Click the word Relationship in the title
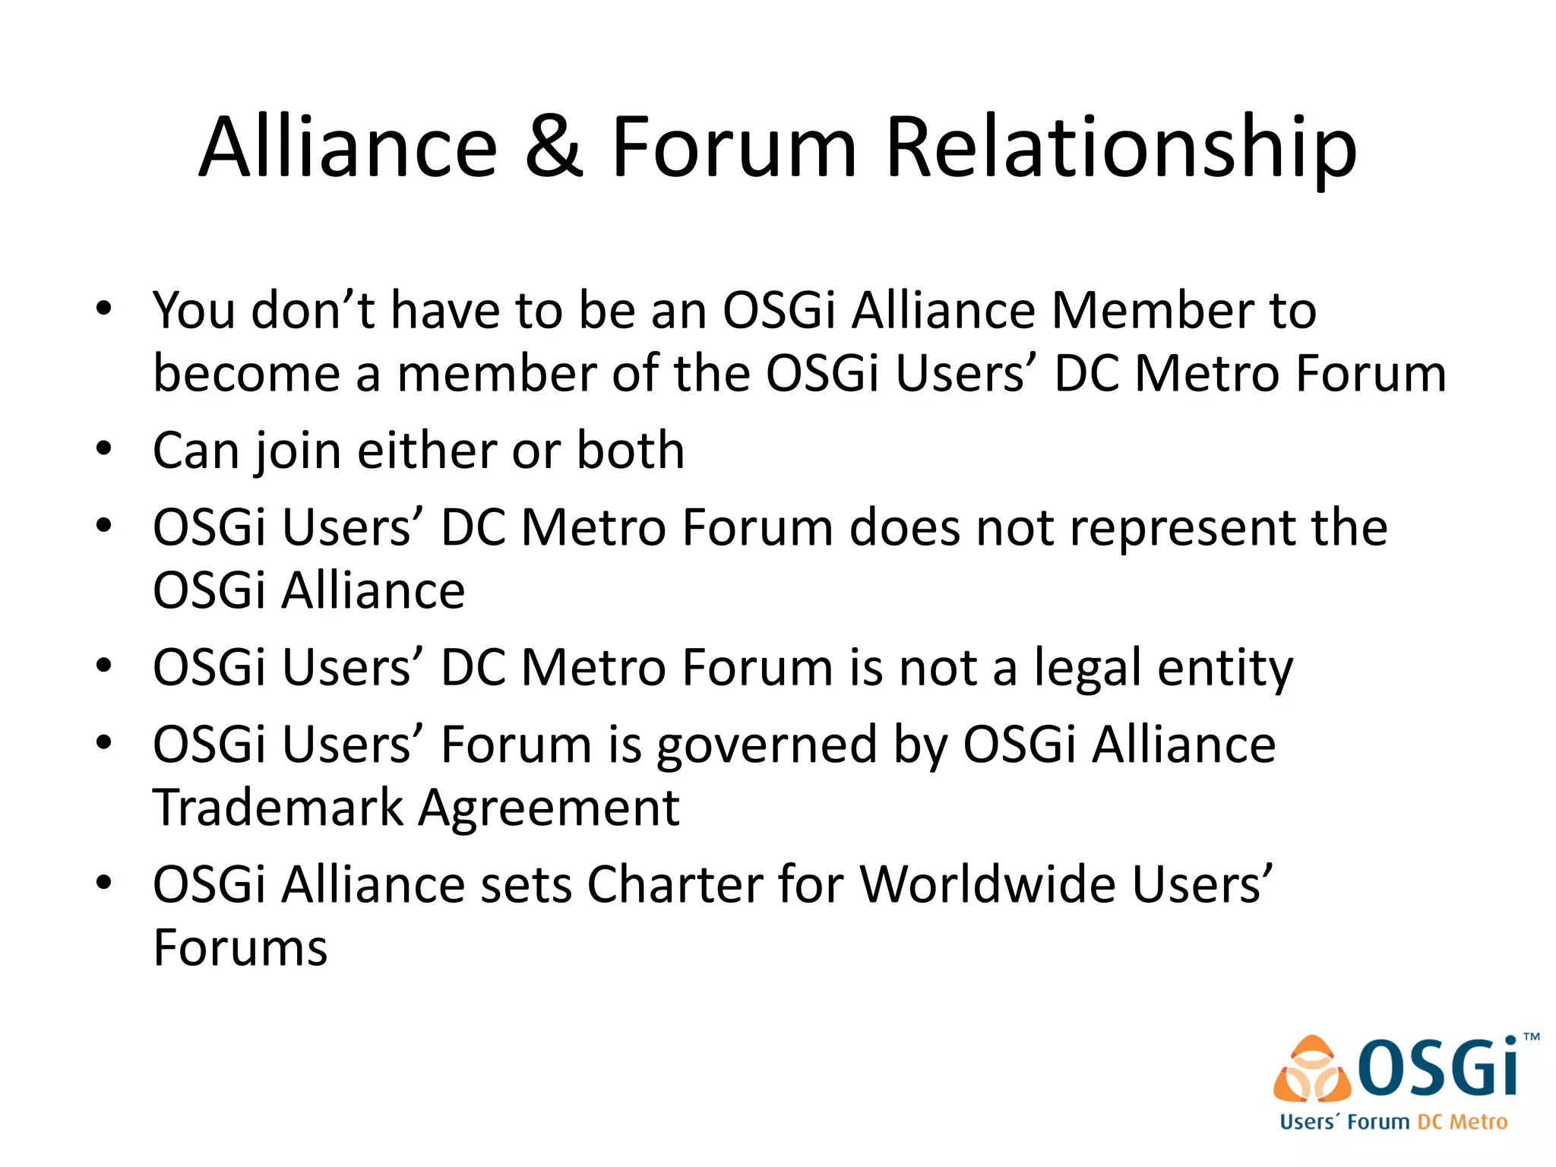tap(1121, 148)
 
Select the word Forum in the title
tap(734, 147)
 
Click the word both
tap(630, 451)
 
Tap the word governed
tap(767, 746)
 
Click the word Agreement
tap(549, 810)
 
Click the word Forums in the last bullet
tap(240, 948)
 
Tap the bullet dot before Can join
tap(104, 448)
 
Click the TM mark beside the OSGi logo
tap(1532, 1037)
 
